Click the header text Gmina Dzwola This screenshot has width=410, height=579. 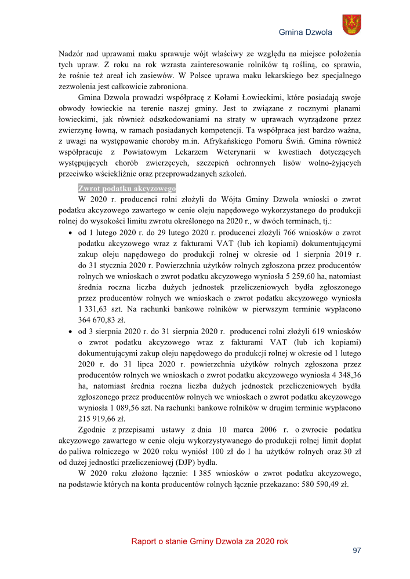point(306,32)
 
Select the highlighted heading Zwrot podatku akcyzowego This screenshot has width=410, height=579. point(127,189)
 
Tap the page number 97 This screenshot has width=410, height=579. point(357,551)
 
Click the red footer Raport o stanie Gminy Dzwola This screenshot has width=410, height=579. point(209,541)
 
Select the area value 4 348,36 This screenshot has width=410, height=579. point(343,375)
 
